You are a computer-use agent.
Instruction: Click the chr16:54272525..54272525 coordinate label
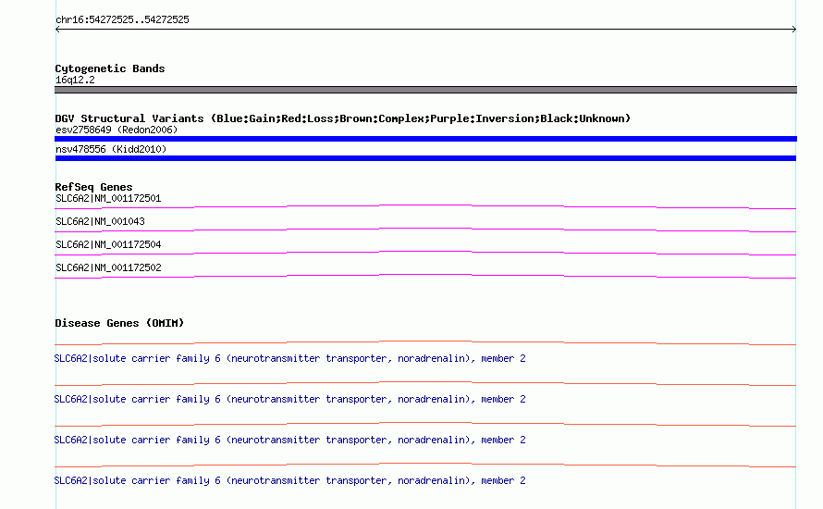coord(122,20)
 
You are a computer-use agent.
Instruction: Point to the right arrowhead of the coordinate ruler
coord(794,30)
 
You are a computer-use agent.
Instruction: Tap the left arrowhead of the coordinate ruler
coord(57,30)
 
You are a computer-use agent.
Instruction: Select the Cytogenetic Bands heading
coord(110,68)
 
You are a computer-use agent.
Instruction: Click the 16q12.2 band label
coord(75,80)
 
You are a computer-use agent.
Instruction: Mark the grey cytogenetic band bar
coord(425,90)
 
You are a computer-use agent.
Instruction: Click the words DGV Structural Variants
coord(129,118)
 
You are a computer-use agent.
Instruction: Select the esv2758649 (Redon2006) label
coord(117,130)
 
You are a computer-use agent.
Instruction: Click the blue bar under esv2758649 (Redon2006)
coord(425,139)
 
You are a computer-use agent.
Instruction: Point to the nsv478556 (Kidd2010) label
coord(111,149)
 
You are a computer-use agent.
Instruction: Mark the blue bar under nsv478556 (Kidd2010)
coord(425,158)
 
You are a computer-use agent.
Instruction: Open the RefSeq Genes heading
coord(93,187)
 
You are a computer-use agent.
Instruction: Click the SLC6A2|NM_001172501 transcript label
coord(108,199)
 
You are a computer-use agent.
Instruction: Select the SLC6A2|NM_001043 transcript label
coord(100,222)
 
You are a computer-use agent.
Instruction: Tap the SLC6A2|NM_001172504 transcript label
coord(108,244)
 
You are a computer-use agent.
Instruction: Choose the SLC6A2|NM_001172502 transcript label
coord(108,267)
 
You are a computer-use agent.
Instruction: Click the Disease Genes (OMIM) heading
coord(119,323)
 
